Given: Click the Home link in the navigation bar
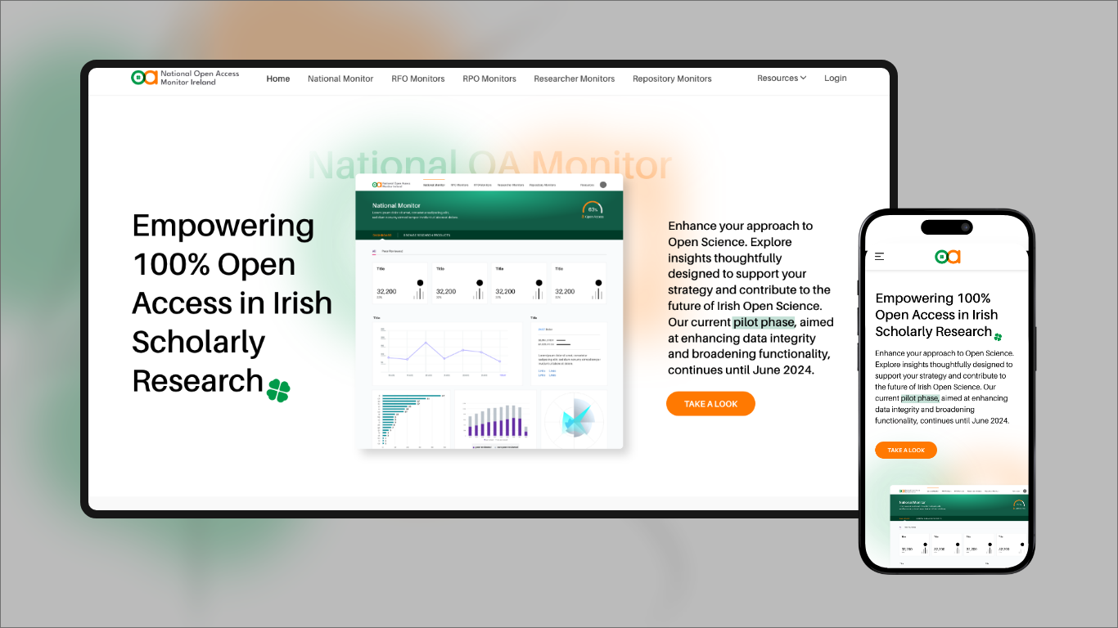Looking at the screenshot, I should click(278, 78).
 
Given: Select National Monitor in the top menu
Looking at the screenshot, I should click(340, 78).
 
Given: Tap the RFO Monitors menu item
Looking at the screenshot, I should click(418, 78).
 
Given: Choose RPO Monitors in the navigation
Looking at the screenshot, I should click(489, 78).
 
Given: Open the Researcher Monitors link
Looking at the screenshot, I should click(574, 78).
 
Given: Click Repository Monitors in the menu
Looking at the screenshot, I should click(672, 78).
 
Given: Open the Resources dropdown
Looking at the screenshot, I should click(782, 78).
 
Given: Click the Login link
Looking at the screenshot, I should click(836, 78).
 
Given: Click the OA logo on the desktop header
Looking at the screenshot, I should click(144, 78).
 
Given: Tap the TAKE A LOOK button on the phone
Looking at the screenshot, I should click(906, 451).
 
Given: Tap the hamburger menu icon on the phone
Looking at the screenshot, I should click(880, 257).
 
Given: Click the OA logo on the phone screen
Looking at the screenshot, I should click(947, 257).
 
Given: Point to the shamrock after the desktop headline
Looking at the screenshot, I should click(278, 391).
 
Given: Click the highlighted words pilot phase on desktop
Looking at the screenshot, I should click(764, 322).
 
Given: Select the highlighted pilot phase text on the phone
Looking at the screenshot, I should click(920, 398).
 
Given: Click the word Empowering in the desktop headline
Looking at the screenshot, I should click(223, 225).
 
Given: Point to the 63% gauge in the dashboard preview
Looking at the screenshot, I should click(593, 209).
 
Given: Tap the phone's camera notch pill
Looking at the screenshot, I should click(947, 227).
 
